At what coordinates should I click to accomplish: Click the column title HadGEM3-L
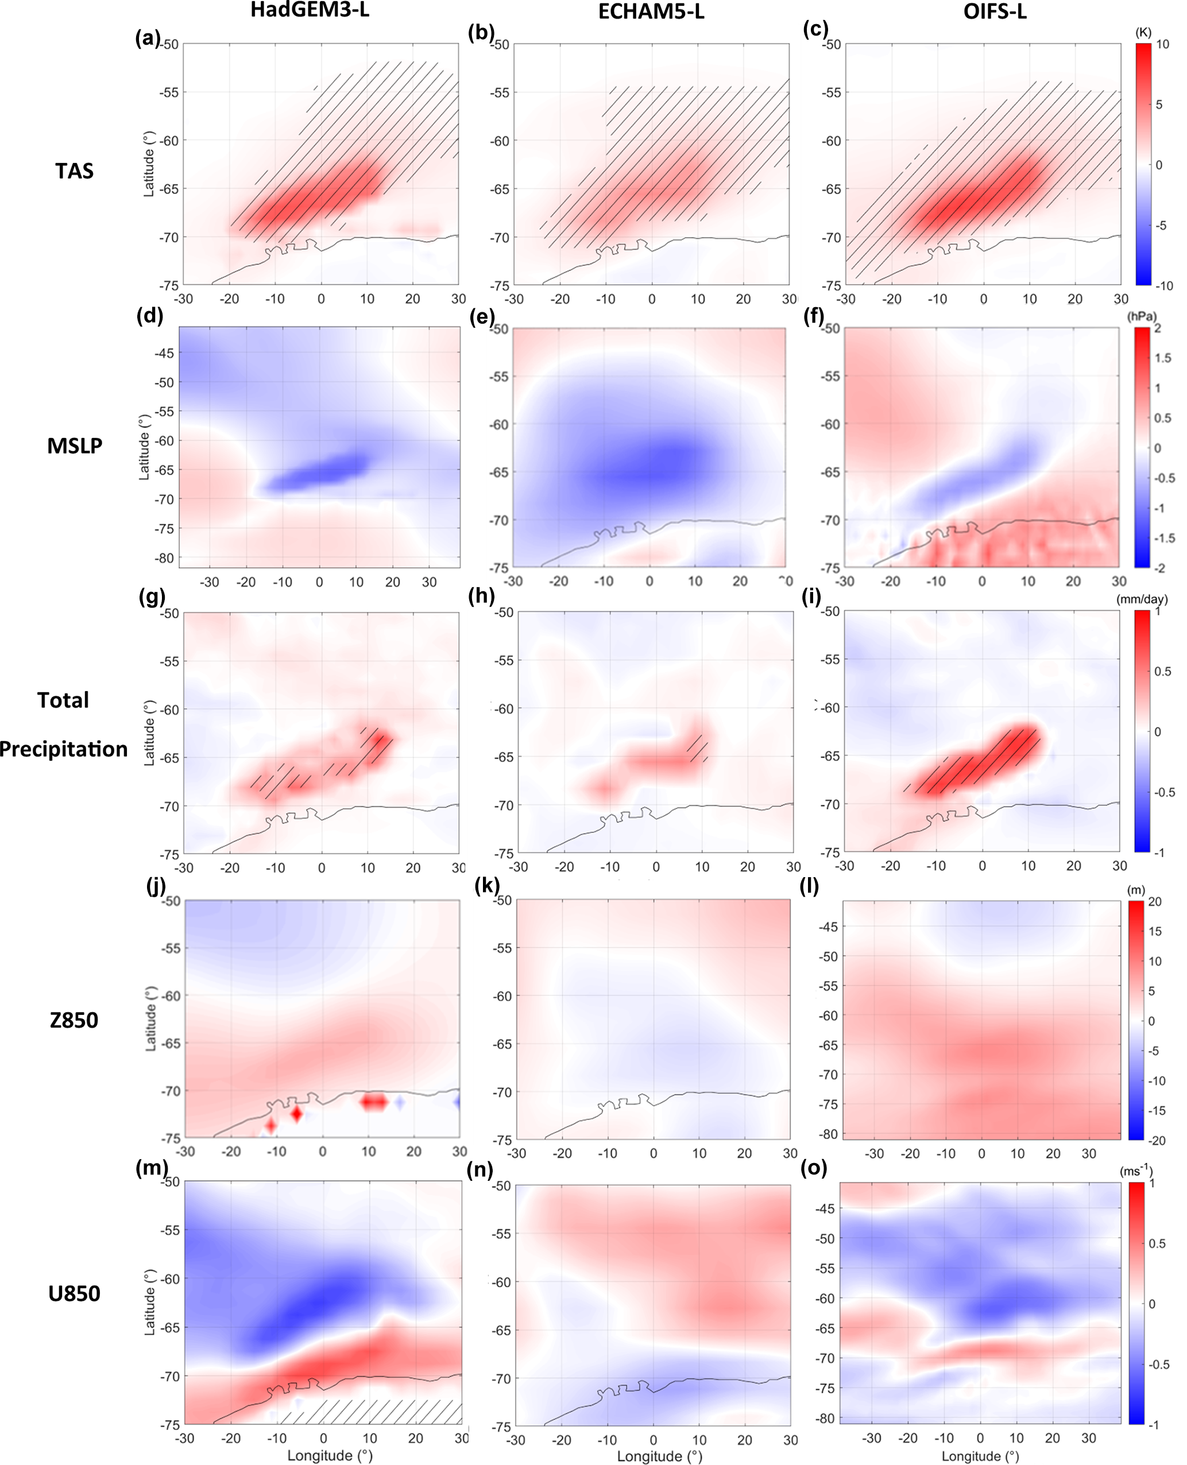point(310,10)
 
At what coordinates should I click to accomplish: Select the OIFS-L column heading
point(994,11)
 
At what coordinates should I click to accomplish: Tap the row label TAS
point(74,171)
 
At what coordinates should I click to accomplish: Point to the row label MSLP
point(75,445)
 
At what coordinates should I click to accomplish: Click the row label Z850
point(74,1020)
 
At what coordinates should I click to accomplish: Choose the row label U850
point(74,1293)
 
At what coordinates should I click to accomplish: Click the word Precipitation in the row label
point(64,749)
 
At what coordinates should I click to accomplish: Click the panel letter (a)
point(148,37)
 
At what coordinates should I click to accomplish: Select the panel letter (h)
point(481,596)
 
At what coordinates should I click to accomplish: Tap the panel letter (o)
point(814,1168)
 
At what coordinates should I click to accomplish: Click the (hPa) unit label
point(1142,316)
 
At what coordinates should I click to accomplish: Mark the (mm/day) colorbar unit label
point(1142,599)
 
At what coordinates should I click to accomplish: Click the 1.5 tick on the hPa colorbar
point(1162,358)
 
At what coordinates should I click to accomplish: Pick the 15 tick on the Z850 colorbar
point(1155,931)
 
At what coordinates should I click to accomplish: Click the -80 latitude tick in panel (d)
point(165,558)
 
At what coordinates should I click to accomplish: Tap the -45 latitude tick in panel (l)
point(828,927)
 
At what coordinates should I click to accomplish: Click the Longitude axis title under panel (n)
point(659,1456)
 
